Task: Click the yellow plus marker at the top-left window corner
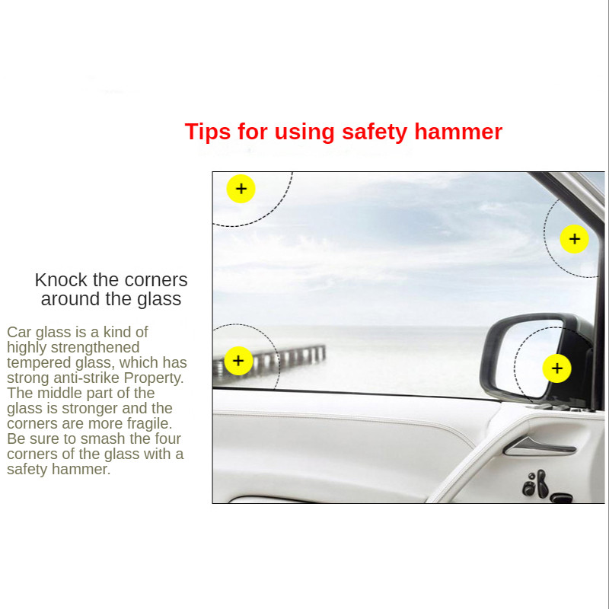(241, 189)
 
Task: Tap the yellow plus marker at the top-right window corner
(574, 239)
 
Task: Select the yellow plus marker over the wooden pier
(238, 361)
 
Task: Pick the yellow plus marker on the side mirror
(556, 368)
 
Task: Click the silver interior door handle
(539, 446)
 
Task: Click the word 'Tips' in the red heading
(208, 132)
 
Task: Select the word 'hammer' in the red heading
(458, 132)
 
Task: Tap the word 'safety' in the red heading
(375, 132)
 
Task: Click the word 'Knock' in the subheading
(61, 279)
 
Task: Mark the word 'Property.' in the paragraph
(154, 378)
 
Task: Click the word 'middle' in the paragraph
(59, 393)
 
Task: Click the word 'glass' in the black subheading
(158, 299)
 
